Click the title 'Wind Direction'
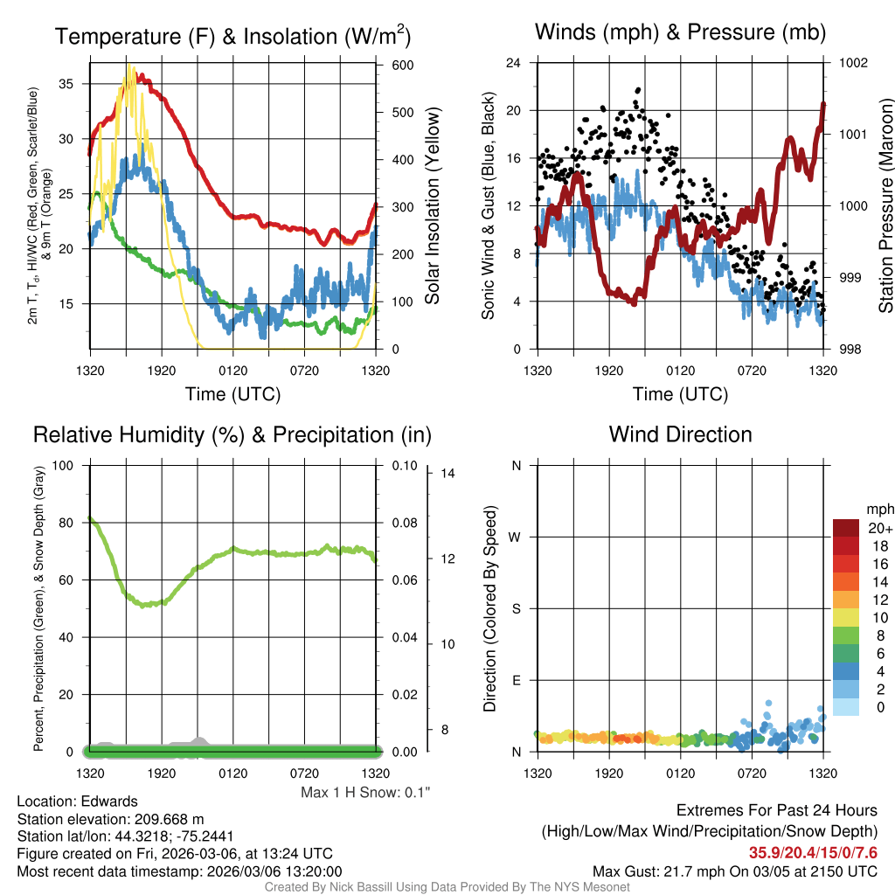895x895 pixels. [680, 434]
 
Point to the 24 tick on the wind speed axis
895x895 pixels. [514, 63]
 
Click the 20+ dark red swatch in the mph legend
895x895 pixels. [848, 528]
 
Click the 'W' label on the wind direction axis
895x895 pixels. [516, 537]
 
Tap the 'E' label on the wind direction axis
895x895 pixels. [516, 680]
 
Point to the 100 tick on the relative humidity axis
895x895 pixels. [65, 465]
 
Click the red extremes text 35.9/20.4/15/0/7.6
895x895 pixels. [813, 852]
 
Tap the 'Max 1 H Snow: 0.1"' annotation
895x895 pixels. [366, 793]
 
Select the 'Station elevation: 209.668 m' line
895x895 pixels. [110, 819]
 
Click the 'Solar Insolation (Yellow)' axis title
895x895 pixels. [433, 205]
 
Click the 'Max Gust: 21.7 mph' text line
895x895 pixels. [734, 871]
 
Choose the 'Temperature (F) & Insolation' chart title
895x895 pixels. [232, 36]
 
